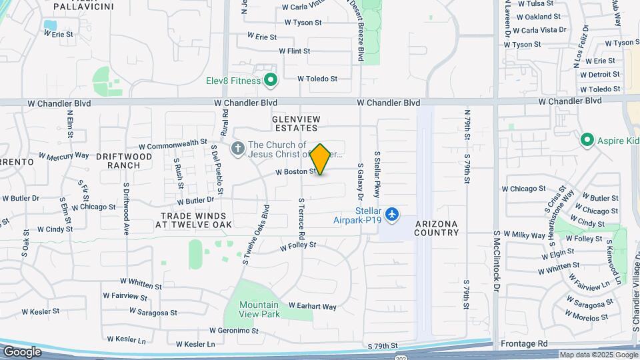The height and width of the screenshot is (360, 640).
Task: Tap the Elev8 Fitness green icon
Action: coord(271,81)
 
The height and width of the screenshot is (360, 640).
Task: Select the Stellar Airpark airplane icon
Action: coord(392,214)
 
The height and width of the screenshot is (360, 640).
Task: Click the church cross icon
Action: coord(238,149)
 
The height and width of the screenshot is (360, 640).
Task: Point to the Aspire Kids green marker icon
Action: coord(587,140)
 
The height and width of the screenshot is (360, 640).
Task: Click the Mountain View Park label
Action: coord(260,309)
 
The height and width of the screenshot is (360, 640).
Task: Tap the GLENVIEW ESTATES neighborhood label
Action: coord(295,123)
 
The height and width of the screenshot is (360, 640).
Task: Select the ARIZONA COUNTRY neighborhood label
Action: coord(437,228)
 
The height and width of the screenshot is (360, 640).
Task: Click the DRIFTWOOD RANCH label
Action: coord(124,161)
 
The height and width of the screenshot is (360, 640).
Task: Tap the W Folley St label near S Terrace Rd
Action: coord(297,246)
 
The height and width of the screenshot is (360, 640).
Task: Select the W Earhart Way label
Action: coord(312,307)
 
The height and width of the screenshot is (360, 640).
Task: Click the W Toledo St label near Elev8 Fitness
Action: coord(317,79)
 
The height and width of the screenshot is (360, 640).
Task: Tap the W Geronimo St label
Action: coord(233,331)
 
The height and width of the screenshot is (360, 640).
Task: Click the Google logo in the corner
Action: coord(22,351)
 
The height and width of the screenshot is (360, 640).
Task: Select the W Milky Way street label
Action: coord(525,235)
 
